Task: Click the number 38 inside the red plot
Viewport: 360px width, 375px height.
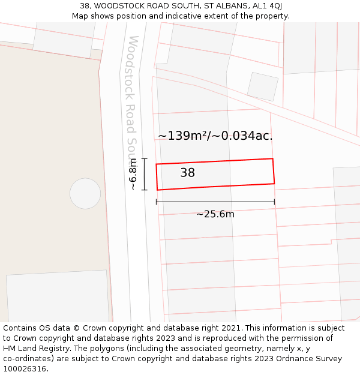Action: pos(187,173)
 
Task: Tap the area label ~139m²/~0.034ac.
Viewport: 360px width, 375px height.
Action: pos(215,136)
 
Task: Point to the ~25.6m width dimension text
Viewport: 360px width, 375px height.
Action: pos(215,214)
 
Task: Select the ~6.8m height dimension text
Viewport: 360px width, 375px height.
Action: pos(133,174)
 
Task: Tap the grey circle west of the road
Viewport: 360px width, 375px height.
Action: pos(85,193)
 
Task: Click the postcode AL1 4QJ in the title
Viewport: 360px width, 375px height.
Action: pos(266,6)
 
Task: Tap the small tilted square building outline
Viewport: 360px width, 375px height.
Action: pos(263,87)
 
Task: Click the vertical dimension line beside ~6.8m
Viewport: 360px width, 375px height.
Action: pos(145,174)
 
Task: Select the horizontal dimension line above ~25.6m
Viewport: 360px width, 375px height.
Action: pos(215,202)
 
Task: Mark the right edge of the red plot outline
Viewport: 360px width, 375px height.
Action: pos(274,171)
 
